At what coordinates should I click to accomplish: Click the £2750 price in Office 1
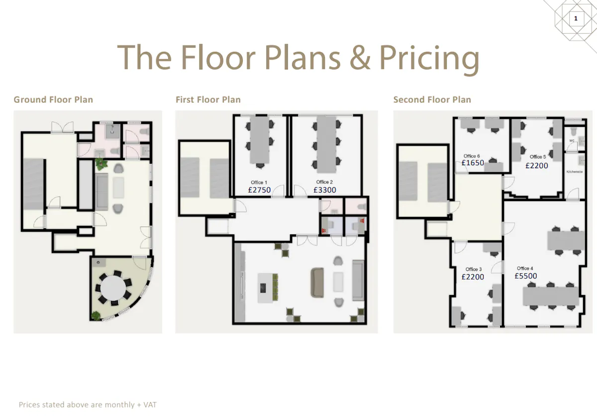[x=259, y=190]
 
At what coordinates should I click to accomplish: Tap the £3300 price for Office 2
[x=324, y=190]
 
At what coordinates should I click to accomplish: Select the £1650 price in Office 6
[x=473, y=163]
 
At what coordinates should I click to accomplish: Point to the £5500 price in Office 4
[x=525, y=276]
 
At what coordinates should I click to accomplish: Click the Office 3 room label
[x=473, y=269]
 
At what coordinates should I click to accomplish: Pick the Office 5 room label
[x=538, y=157]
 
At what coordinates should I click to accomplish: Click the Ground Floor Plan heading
[x=53, y=100]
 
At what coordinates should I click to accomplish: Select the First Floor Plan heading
[x=208, y=100]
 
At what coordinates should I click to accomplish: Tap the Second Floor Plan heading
[x=432, y=100]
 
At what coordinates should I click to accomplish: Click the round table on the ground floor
[x=113, y=288]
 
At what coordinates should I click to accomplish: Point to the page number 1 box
[x=576, y=18]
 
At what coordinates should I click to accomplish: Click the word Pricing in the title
[x=429, y=58]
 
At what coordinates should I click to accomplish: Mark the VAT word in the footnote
[x=150, y=405]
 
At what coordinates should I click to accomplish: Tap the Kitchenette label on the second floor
[x=574, y=172]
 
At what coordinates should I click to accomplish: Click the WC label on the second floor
[x=572, y=141]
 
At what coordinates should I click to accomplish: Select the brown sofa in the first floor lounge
[x=317, y=283]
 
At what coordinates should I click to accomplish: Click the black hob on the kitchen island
[x=263, y=288]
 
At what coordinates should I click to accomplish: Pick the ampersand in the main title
[x=360, y=58]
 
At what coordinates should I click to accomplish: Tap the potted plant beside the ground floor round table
[x=96, y=316]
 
